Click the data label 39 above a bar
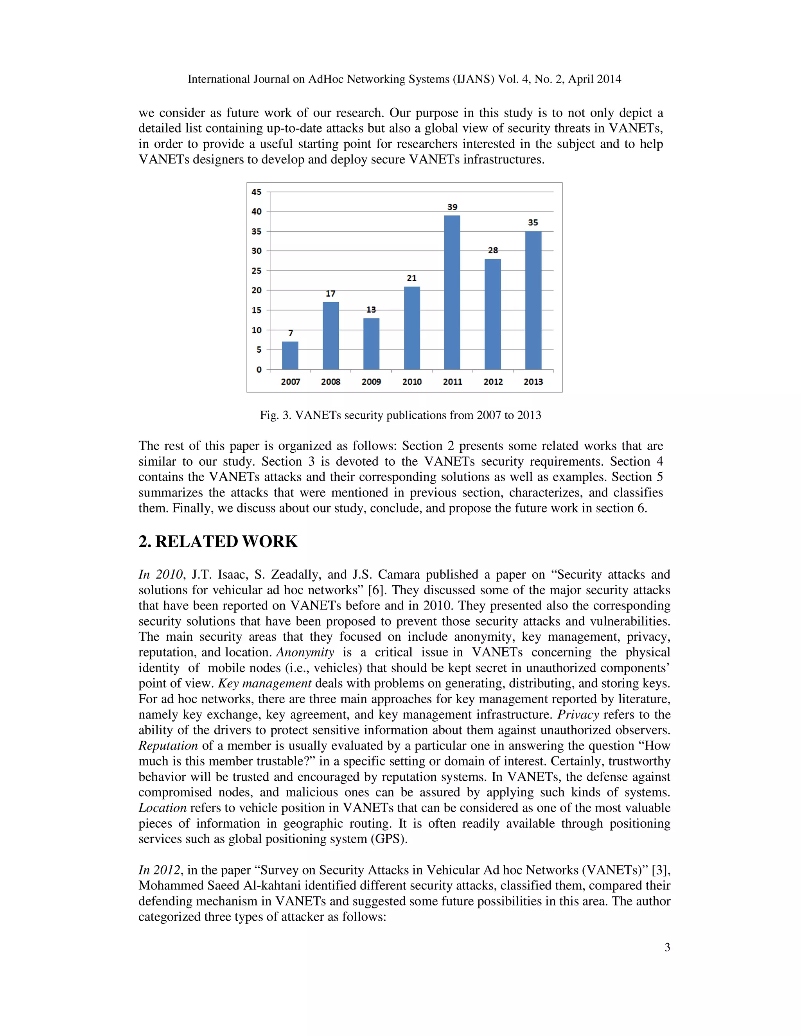[x=452, y=207]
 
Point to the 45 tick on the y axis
[x=256, y=192]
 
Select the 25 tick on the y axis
[x=256, y=271]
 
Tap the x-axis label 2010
[x=411, y=382]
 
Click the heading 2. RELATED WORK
[x=218, y=541]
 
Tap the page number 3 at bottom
[x=667, y=947]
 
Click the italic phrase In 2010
[x=160, y=574]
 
